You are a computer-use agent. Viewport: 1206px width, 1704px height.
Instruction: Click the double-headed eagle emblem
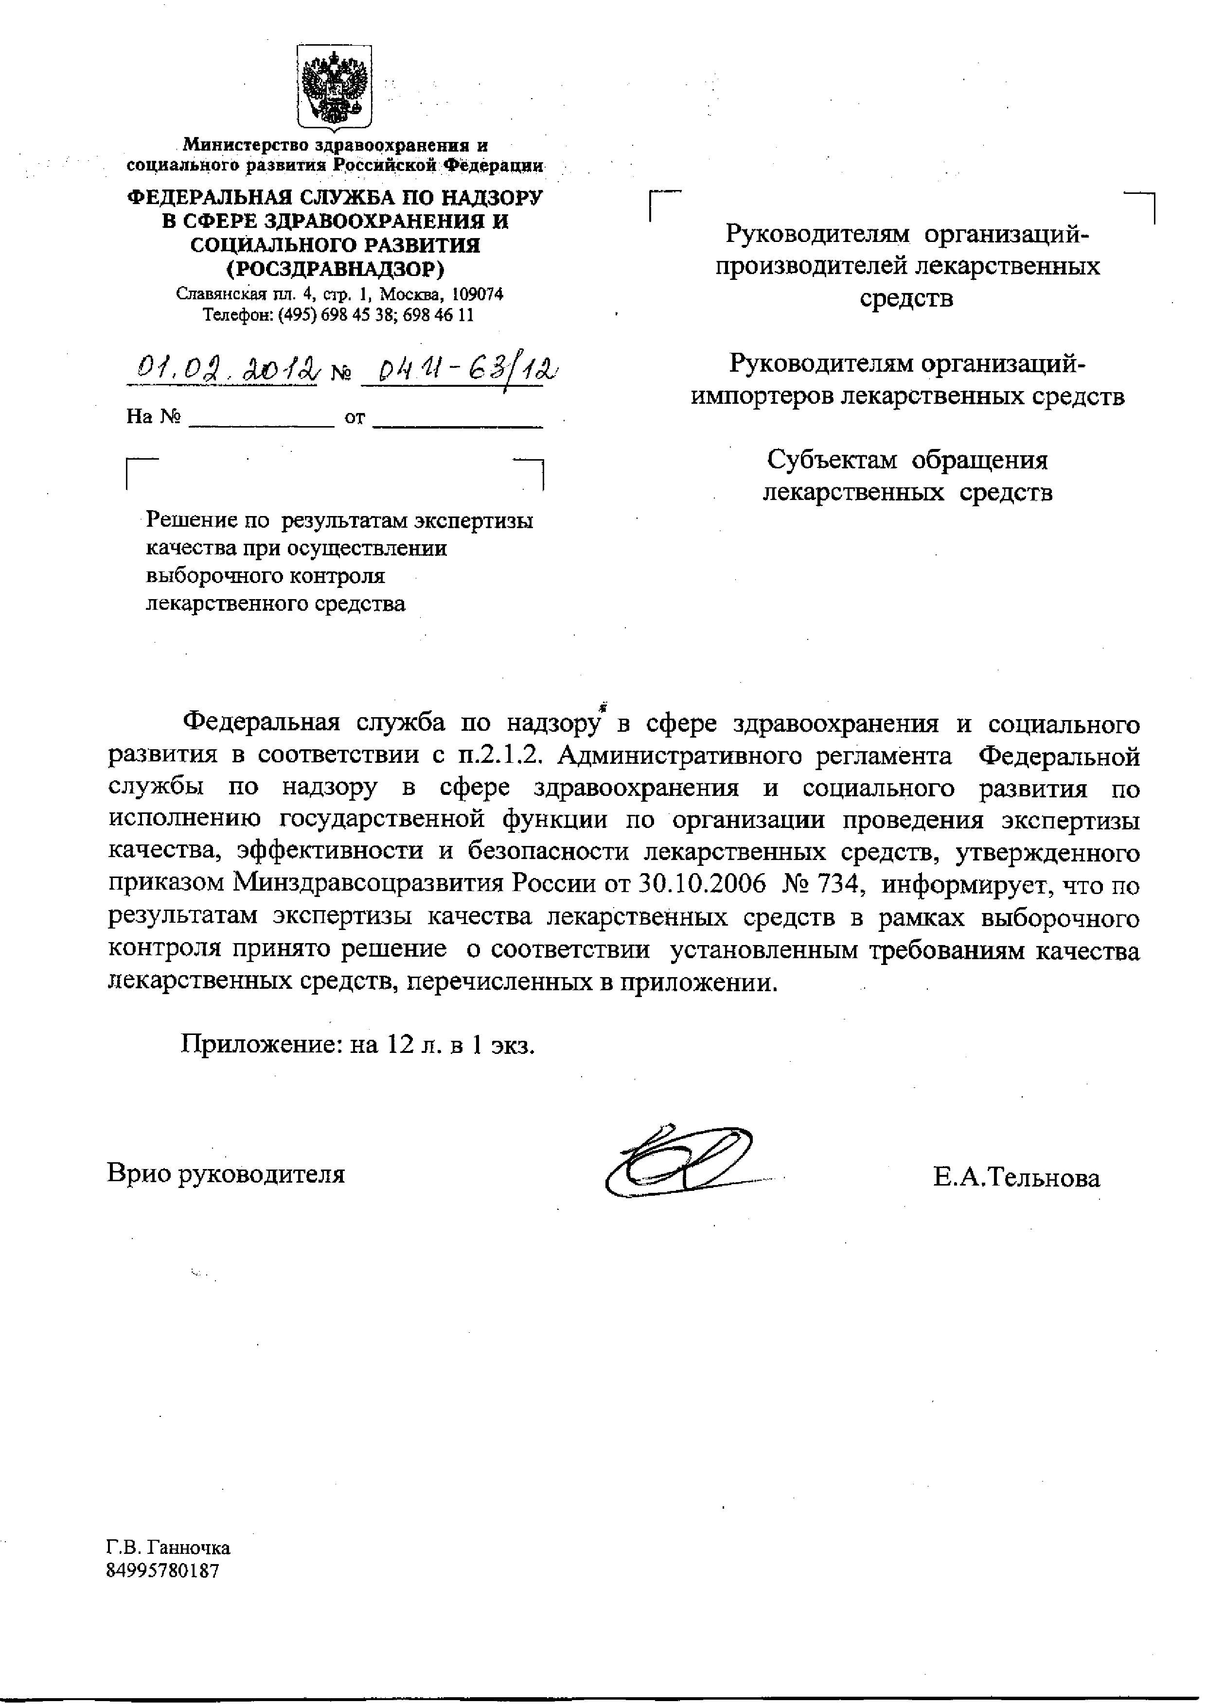pos(335,87)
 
